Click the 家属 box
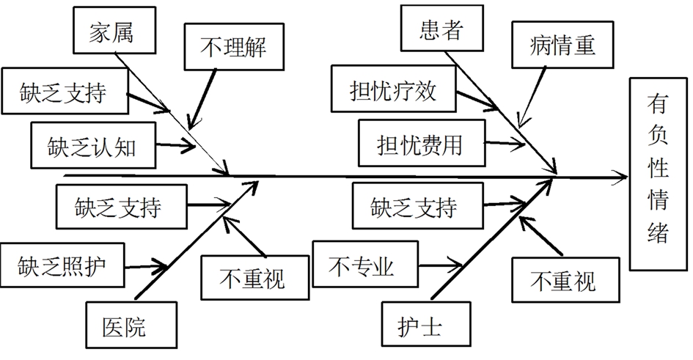click(x=114, y=30)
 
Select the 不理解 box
click(x=234, y=47)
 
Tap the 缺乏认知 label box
click(x=93, y=145)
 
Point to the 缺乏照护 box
click(x=62, y=265)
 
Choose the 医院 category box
click(x=131, y=325)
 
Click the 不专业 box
click(x=365, y=264)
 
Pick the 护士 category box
click(x=426, y=324)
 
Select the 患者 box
click(x=442, y=29)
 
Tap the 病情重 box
click(x=562, y=44)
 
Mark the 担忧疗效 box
click(x=394, y=89)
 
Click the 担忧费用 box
click(x=422, y=143)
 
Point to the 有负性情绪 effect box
click(x=659, y=174)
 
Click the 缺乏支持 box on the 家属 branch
click(x=65, y=91)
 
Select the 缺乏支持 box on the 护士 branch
click(x=418, y=206)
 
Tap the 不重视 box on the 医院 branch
click(x=255, y=277)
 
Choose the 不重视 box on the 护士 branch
click(x=565, y=280)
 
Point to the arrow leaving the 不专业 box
click(x=440, y=266)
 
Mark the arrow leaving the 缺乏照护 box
click(x=146, y=266)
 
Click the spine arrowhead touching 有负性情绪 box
click(x=620, y=177)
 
